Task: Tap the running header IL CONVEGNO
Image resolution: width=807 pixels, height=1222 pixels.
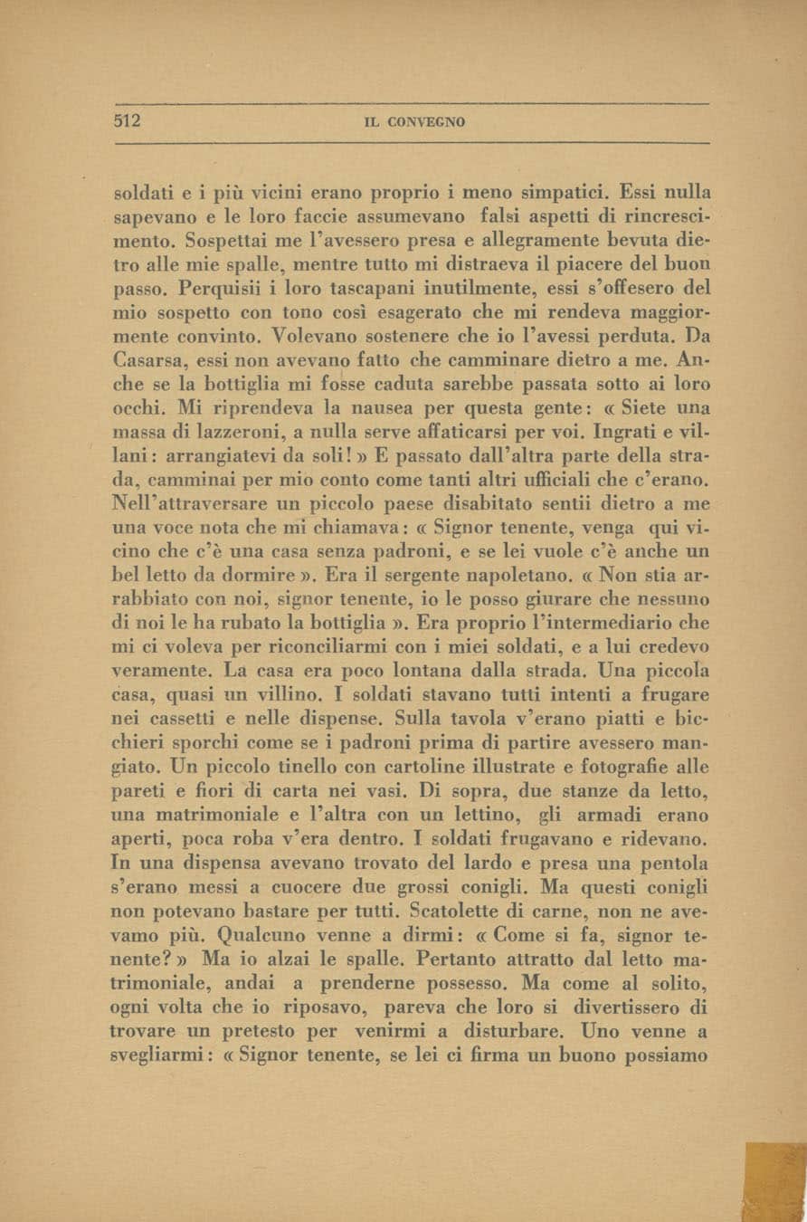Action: point(414,122)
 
